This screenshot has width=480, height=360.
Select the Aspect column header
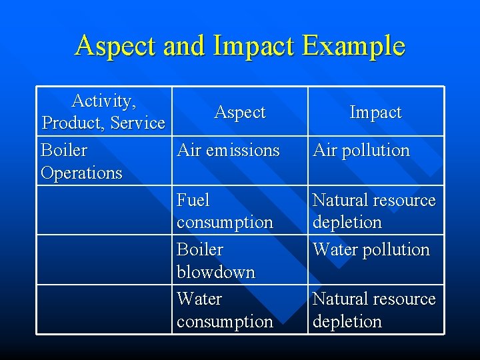(x=240, y=113)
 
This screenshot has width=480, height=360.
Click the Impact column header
(x=375, y=113)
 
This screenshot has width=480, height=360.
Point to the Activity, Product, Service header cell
(x=103, y=112)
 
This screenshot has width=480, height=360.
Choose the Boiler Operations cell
(x=81, y=161)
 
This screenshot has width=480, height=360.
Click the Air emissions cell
(x=228, y=151)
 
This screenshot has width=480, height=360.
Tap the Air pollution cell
(x=361, y=151)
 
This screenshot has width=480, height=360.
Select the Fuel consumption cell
(x=225, y=211)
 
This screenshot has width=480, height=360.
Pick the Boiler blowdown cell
(x=216, y=261)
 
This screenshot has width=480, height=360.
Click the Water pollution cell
(x=371, y=250)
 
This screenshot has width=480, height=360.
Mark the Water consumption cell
(x=225, y=310)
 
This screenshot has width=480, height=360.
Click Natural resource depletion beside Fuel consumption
(x=374, y=211)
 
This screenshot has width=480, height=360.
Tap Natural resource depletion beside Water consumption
(x=374, y=310)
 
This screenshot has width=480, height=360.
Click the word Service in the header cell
(x=137, y=123)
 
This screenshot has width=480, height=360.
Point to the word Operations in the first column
(x=81, y=173)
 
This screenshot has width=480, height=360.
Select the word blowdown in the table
(x=216, y=272)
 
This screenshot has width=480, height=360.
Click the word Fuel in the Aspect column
(x=193, y=200)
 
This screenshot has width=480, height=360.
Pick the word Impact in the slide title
(x=253, y=47)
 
